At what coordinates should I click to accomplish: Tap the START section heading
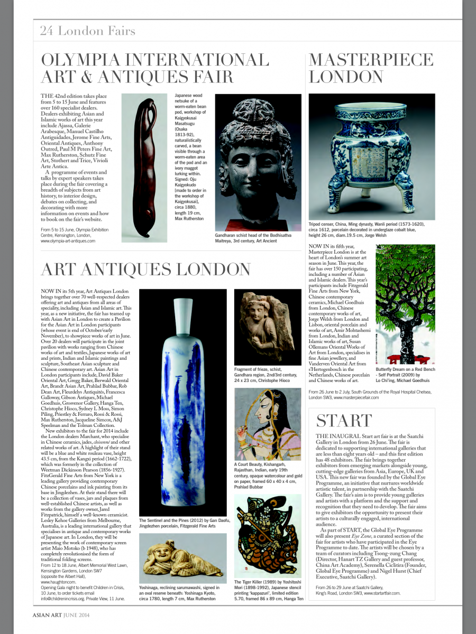coord(344,421)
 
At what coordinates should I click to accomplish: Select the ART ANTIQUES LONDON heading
coord(146,269)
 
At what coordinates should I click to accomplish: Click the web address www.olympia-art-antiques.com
coord(68,241)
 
